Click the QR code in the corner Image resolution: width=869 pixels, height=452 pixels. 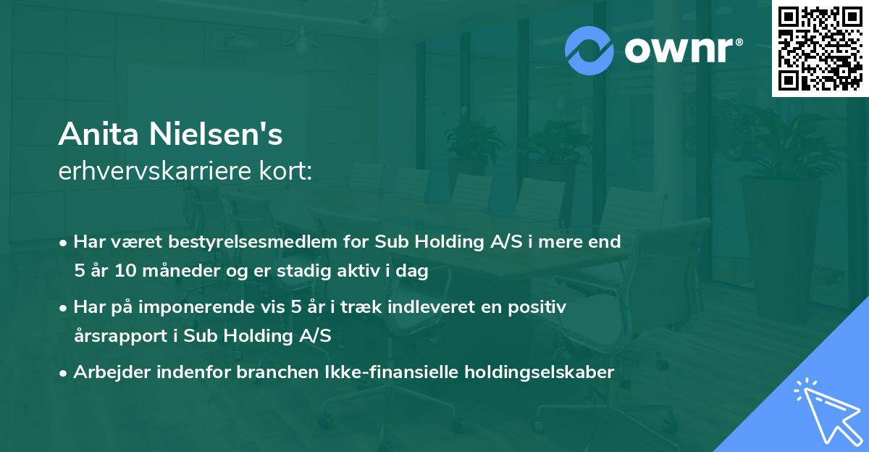[x=820, y=49]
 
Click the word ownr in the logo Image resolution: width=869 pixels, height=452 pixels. [x=677, y=50]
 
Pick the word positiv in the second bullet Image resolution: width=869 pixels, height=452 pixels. [x=540, y=306]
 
